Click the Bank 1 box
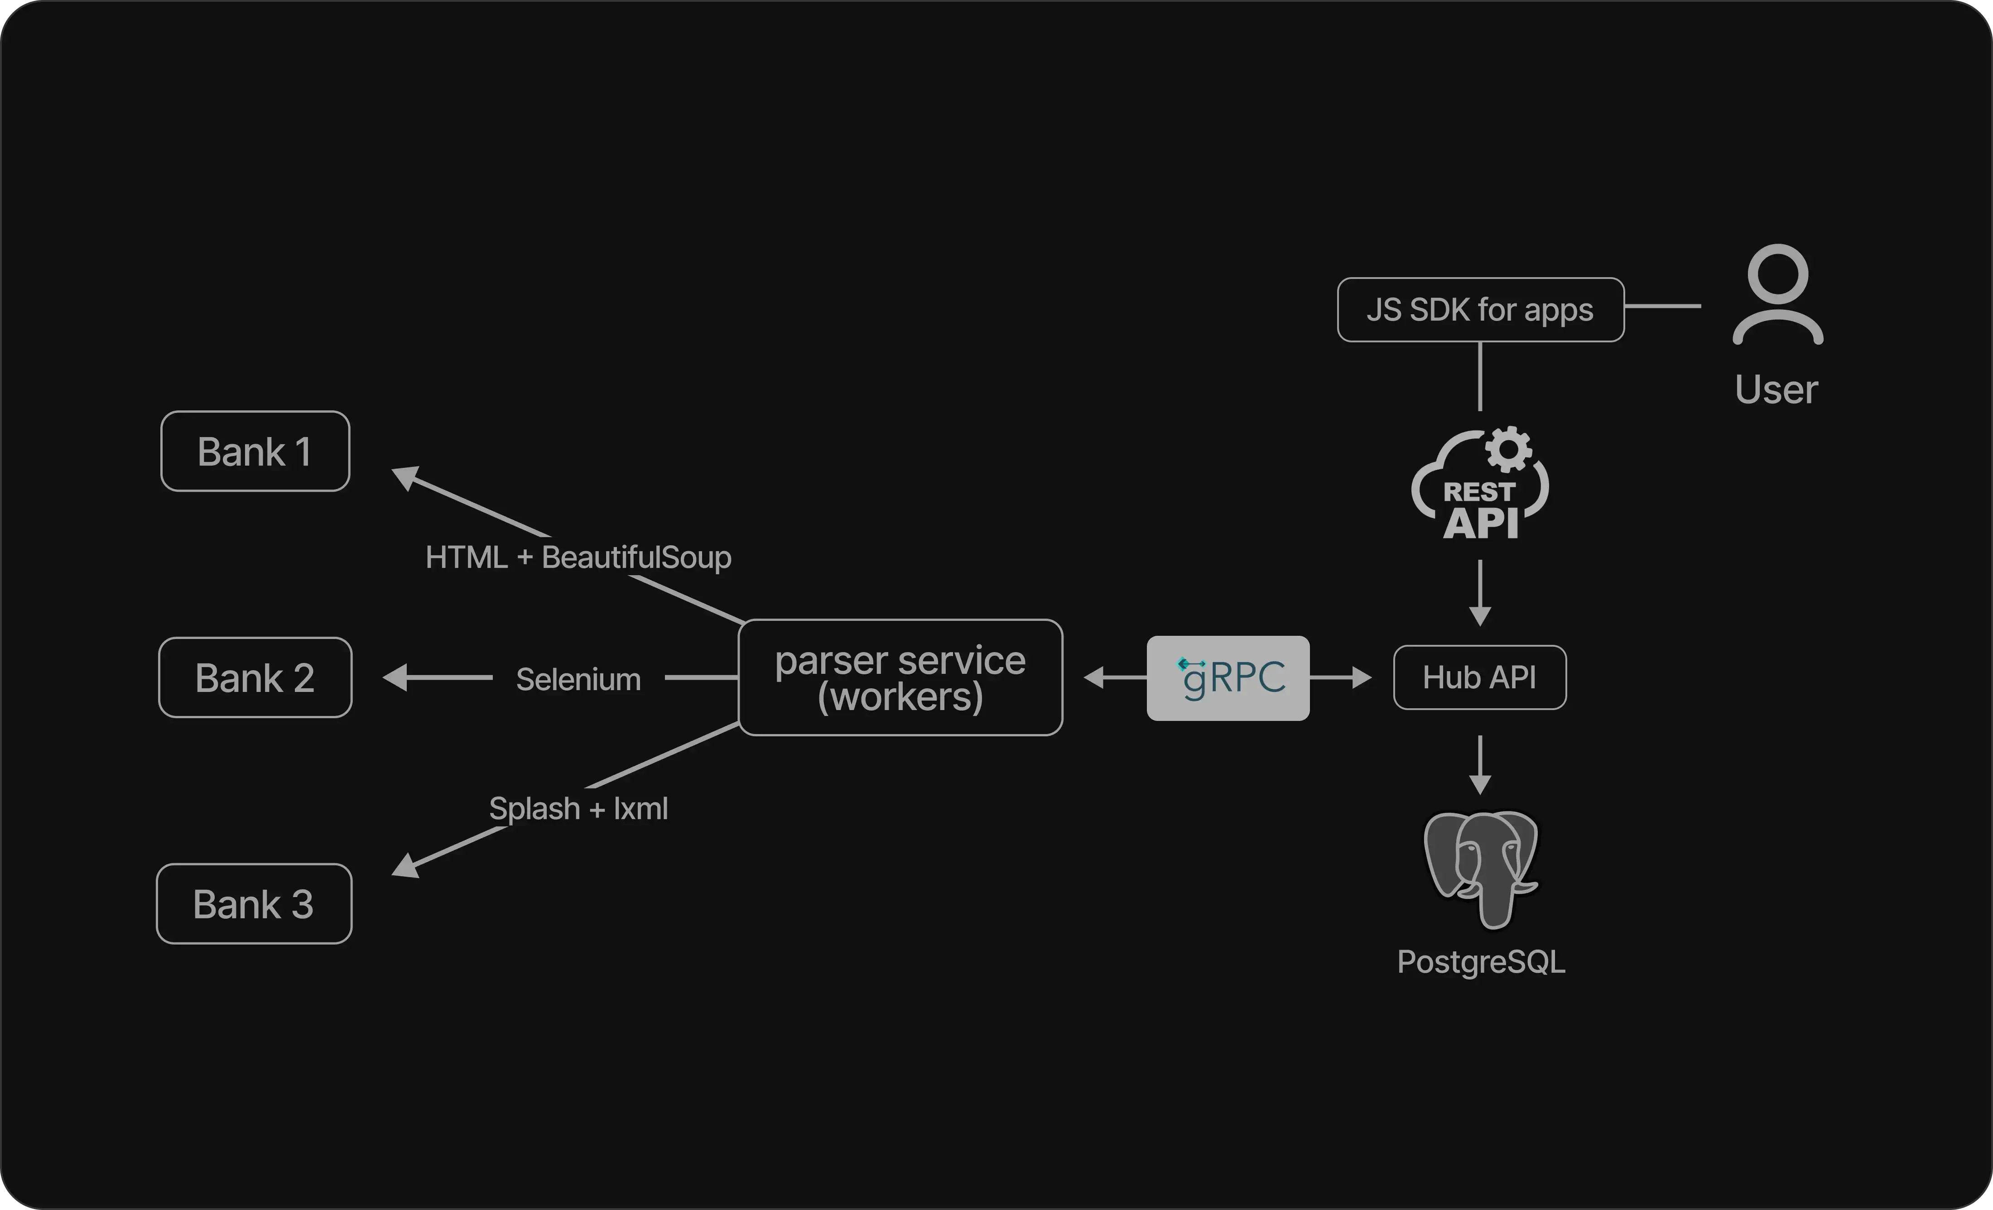pyautogui.click(x=255, y=451)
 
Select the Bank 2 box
pyautogui.click(x=255, y=678)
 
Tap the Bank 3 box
pyautogui.click(x=254, y=903)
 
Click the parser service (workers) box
pyautogui.click(x=900, y=678)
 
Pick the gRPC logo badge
pyautogui.click(x=1228, y=678)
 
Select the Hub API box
pyautogui.click(x=1479, y=678)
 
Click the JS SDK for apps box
pyautogui.click(x=1480, y=310)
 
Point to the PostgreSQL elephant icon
pyautogui.click(x=1480, y=869)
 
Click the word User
pyautogui.click(x=1776, y=390)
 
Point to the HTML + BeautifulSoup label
pyautogui.click(x=578, y=557)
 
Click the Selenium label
pyautogui.click(x=578, y=679)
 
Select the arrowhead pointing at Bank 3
pyautogui.click(x=404, y=867)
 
